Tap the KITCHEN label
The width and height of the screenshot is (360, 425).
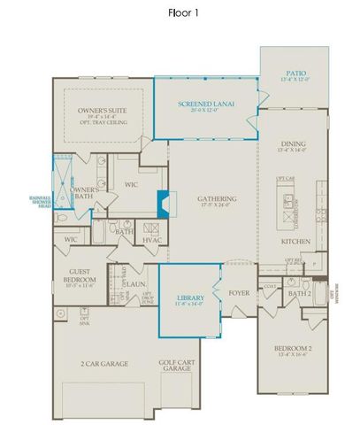[294, 240]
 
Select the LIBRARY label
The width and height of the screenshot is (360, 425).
[190, 299]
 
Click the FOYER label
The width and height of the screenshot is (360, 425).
[239, 288]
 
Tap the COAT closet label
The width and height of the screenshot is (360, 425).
[270, 285]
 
